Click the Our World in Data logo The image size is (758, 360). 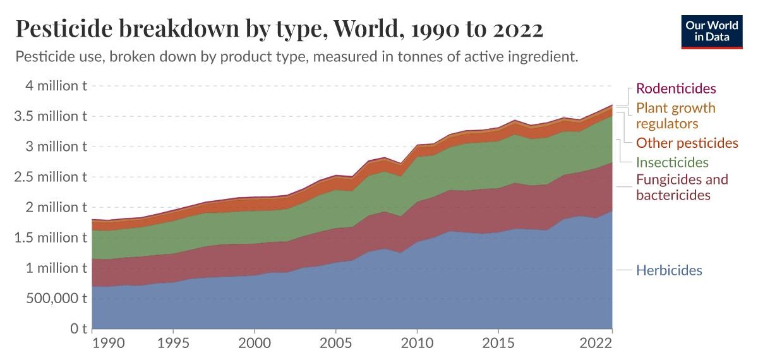(711, 30)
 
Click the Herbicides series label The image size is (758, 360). (669, 270)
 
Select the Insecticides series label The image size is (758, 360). (672, 162)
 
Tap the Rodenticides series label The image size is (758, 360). (676, 88)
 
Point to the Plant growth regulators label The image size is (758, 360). (675, 115)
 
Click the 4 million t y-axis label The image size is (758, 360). (53, 86)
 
